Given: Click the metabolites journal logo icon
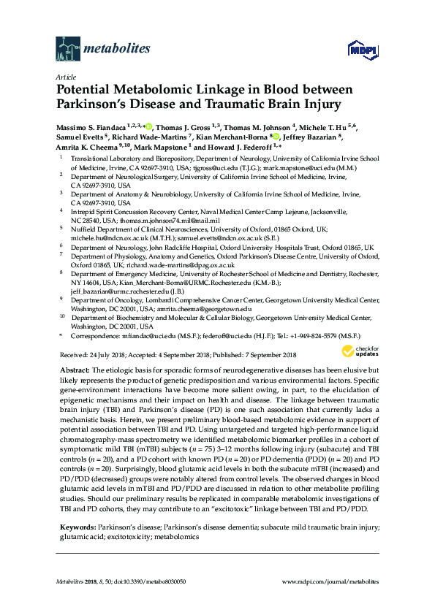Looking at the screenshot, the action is [x=68, y=49].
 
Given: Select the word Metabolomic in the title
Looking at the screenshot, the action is [x=168, y=90].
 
